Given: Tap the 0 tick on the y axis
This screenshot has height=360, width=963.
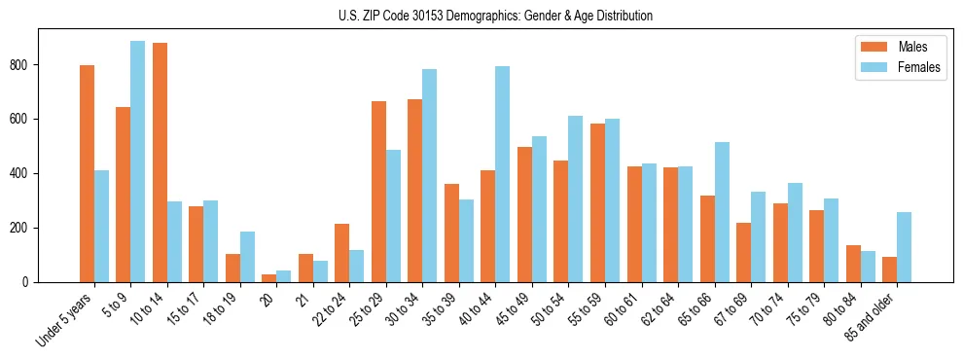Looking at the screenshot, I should pos(31,282).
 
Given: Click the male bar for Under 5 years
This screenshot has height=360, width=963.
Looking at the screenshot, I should pos(87,173).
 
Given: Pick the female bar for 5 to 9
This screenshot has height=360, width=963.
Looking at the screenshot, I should pos(138,162).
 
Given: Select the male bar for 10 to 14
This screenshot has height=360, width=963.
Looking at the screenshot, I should pos(160,162).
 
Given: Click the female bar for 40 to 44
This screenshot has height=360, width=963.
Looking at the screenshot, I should pos(503,174).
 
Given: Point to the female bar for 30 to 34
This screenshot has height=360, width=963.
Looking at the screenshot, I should pos(430,175).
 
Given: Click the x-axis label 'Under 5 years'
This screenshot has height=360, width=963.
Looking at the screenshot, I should pos(65,320).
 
